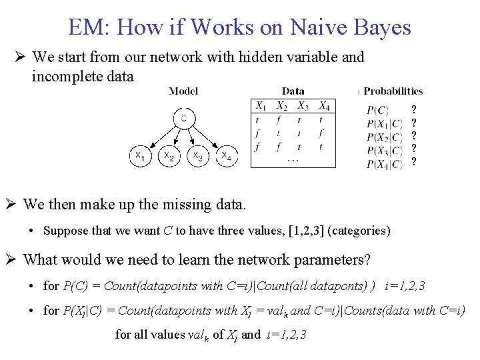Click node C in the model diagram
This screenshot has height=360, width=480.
tap(183, 119)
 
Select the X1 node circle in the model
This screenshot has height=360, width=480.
tap(139, 156)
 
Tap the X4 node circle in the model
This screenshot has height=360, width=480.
tap(227, 156)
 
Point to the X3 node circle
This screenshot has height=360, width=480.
tap(198, 156)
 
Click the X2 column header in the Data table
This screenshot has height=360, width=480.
tap(283, 106)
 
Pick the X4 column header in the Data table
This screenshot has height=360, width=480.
tap(324, 106)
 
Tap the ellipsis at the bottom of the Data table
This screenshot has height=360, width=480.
tap(293, 160)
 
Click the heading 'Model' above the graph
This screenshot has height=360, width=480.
tap(183, 91)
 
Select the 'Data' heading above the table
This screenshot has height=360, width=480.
tap(293, 91)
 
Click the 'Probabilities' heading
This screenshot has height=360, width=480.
tap(393, 91)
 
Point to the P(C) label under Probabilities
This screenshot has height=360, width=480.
tap(378, 111)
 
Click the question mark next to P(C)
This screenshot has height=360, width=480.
tap(414, 110)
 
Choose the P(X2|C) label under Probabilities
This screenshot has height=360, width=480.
tap(385, 137)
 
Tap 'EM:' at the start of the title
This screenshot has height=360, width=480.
tap(88, 27)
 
